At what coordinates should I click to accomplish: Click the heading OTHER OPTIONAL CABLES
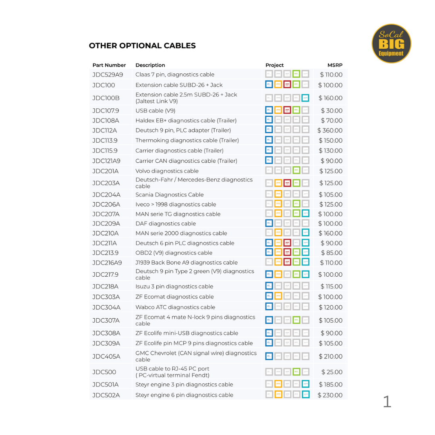coord(142,46)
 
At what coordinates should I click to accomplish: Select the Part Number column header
coord(109,65)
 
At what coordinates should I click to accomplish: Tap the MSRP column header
coord(335,65)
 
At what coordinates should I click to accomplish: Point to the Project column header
coord(274,65)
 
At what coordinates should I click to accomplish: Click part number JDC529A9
coord(108,75)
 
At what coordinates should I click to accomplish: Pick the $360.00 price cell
coord(330,130)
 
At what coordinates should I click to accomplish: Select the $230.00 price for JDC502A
coord(330,395)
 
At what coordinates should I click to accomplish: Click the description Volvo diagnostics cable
coord(167,171)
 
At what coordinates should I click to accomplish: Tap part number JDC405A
coord(106,356)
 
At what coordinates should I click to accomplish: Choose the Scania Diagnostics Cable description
coord(170,195)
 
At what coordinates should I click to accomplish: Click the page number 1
coord(387,402)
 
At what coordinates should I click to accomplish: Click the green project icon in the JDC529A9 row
coord(296,75)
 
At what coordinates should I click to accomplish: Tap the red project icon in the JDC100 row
coord(287,85)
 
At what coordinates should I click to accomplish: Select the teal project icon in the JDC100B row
coord(306,98)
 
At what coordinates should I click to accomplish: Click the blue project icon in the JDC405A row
coord(269,356)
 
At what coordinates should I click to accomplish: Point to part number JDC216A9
coord(107,263)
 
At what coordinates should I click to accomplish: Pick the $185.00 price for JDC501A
coord(330,385)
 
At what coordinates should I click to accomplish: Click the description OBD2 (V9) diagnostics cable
coord(174,253)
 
